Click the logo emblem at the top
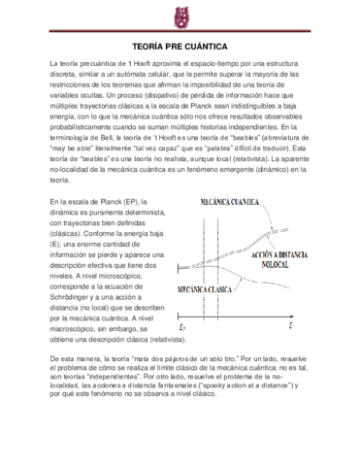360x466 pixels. tap(180, 17)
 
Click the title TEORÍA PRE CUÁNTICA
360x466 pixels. tap(180, 46)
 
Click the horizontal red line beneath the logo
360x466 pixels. tap(180, 33)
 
